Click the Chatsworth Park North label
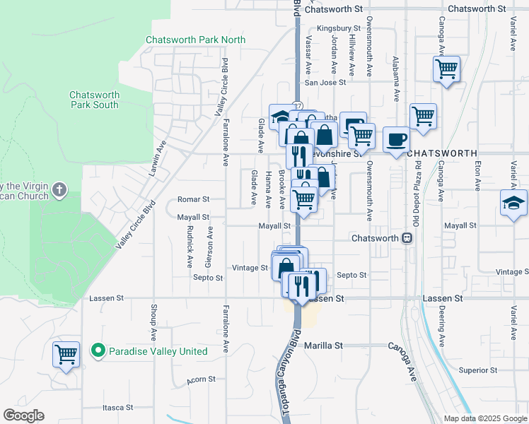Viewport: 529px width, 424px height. pyautogui.click(x=195, y=40)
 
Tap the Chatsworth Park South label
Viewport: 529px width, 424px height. pyautogui.click(x=94, y=100)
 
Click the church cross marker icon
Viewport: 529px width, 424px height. pyautogui.click(x=59, y=189)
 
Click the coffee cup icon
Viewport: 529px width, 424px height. pyautogui.click(x=396, y=139)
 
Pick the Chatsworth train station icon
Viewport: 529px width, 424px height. pyautogui.click(x=407, y=238)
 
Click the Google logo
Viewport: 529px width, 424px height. pyautogui.click(x=24, y=416)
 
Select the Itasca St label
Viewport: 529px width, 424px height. pyautogui.click(x=117, y=408)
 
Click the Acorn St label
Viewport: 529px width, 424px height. pyautogui.click(x=201, y=379)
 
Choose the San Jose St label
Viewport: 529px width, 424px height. pyautogui.click(x=325, y=83)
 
